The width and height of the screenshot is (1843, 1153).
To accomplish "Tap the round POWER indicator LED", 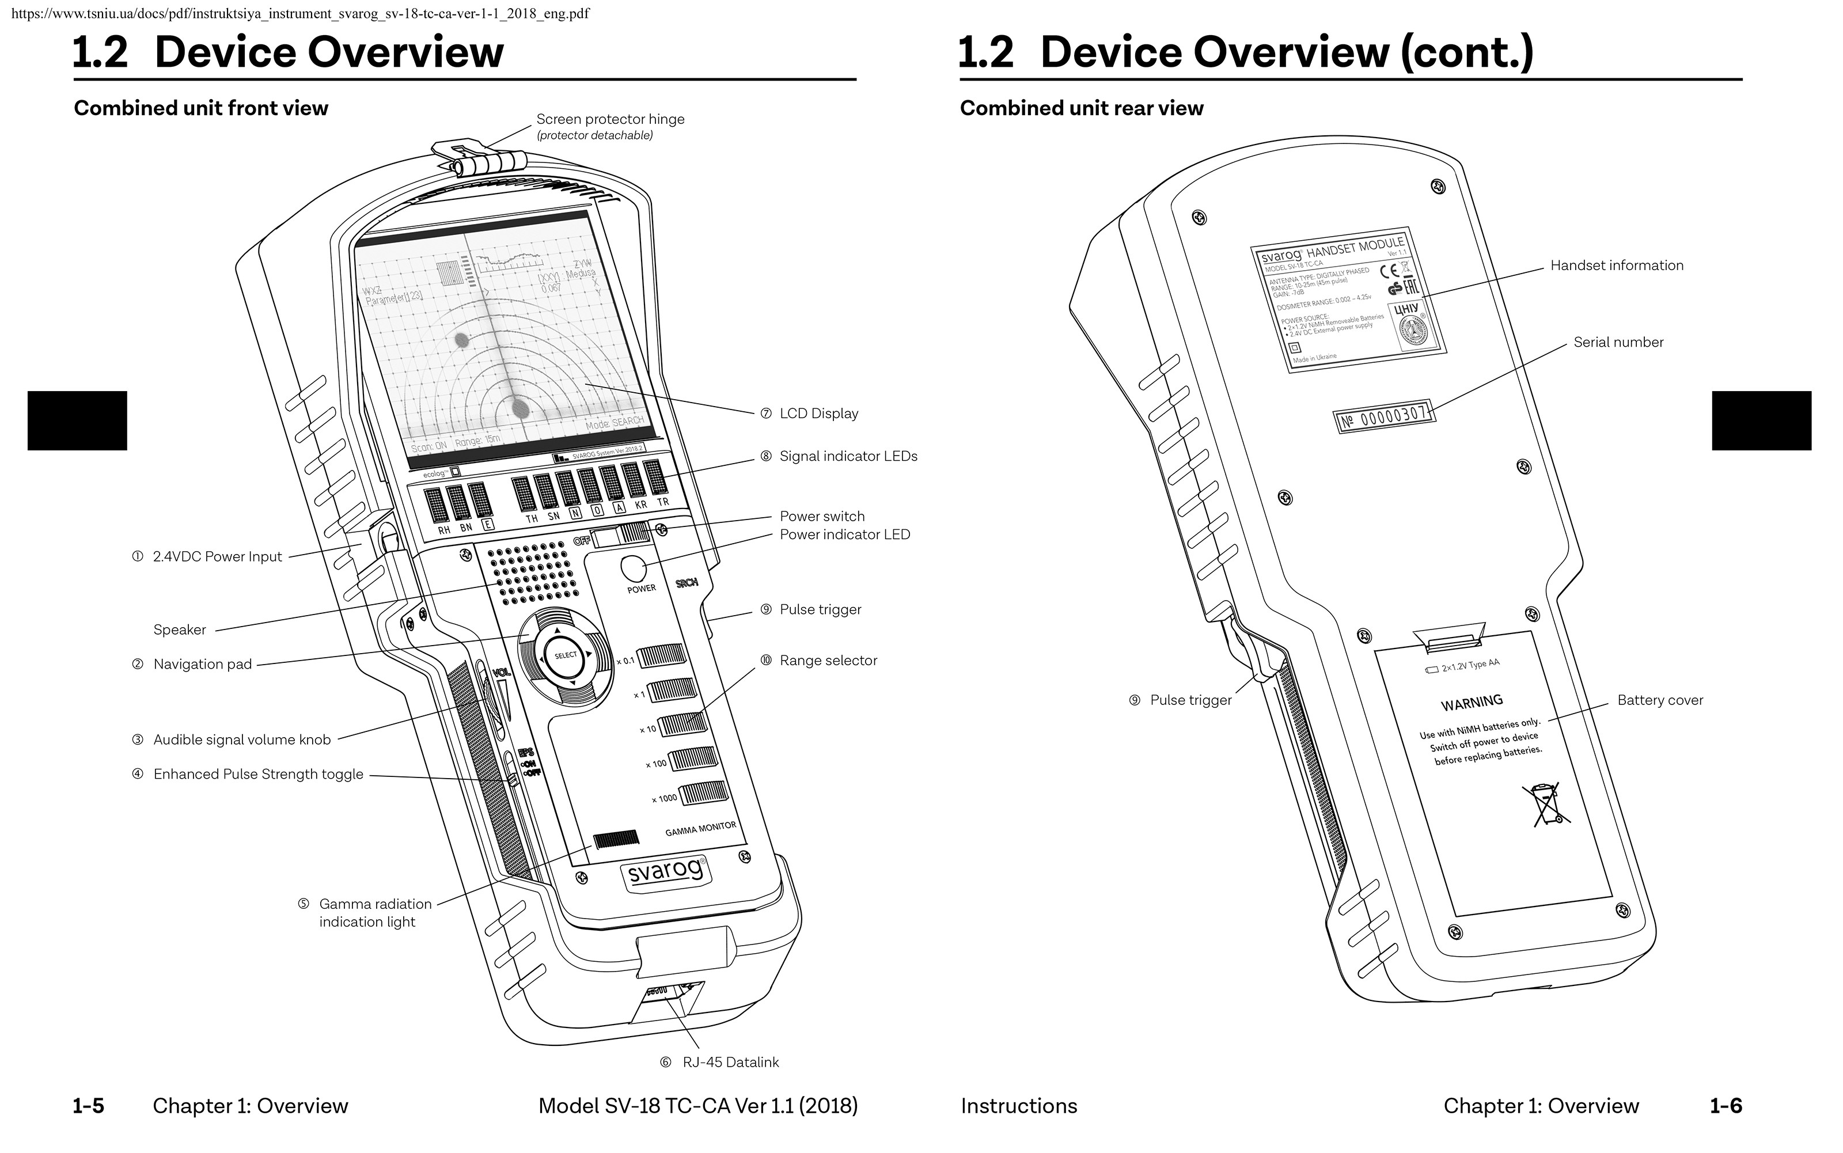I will point(634,568).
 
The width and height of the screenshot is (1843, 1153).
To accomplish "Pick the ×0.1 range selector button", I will point(662,656).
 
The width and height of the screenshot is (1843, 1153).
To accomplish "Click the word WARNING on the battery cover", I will point(1472,702).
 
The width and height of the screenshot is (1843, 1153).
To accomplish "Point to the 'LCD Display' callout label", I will point(818,414).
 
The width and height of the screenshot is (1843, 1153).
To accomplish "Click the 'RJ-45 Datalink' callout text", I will point(730,1062).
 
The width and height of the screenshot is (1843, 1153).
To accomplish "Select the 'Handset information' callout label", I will point(1617,266).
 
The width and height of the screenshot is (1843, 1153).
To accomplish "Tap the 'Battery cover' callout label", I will point(1660,700).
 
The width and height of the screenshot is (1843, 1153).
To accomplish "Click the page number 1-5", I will point(89,1106).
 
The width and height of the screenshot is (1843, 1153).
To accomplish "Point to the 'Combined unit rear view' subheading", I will point(1081,108).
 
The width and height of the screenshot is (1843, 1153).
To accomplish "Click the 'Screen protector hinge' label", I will point(610,119).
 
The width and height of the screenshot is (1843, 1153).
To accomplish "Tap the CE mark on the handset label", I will point(1389,271).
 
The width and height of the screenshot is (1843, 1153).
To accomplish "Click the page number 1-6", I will point(1726,1106).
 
